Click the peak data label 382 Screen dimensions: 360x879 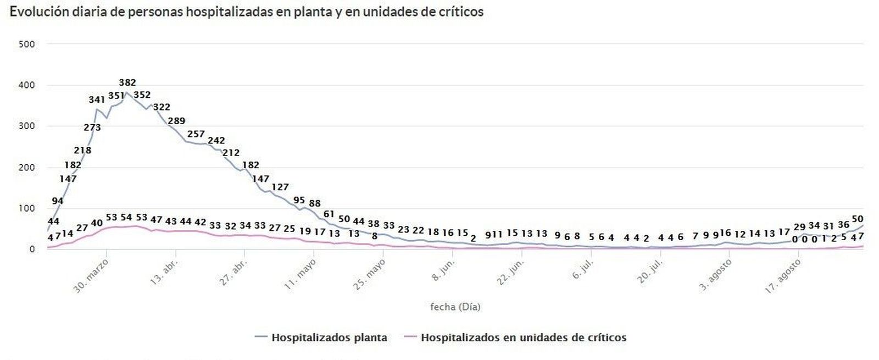pyautogui.click(x=127, y=83)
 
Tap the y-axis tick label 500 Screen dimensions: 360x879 pyautogui.click(x=26, y=44)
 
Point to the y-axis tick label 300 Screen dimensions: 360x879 pyautogui.click(x=26, y=126)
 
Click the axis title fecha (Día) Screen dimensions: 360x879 pyautogui.click(x=455, y=307)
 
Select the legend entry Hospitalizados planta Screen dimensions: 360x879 pyautogui.click(x=329, y=337)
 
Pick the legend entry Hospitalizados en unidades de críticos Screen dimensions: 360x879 pyautogui.click(x=523, y=337)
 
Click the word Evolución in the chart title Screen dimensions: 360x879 pyautogui.click(x=38, y=12)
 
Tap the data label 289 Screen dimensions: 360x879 pyautogui.click(x=176, y=121)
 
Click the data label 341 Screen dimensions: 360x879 pyautogui.click(x=97, y=100)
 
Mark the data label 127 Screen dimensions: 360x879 pyautogui.click(x=280, y=187)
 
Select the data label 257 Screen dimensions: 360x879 pyautogui.click(x=196, y=134)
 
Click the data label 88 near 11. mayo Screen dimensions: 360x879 pyautogui.click(x=315, y=203)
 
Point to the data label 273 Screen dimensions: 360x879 pyautogui.click(x=92, y=128)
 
